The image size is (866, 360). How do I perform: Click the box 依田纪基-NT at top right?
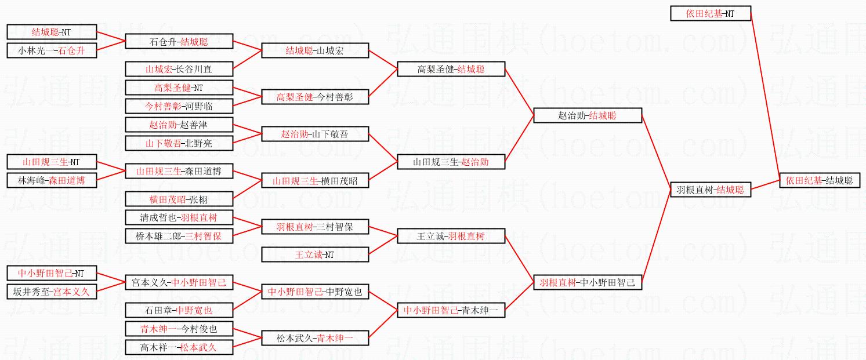(x=711, y=13)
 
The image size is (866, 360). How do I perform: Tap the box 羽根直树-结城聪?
(x=710, y=190)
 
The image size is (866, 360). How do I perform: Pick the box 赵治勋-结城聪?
(x=587, y=115)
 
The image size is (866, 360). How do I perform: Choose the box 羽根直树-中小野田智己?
(x=587, y=282)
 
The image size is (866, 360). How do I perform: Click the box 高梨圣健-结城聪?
(x=451, y=69)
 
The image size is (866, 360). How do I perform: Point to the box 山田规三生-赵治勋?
(x=451, y=162)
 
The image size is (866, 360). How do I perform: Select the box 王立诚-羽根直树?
(x=451, y=236)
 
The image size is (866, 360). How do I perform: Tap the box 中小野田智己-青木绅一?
(x=451, y=310)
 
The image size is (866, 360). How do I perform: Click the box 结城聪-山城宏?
(x=315, y=50)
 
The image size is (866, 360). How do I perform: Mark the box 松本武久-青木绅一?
(x=315, y=338)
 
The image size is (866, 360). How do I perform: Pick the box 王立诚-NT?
(x=315, y=254)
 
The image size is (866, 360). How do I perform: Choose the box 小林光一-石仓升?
(x=51, y=50)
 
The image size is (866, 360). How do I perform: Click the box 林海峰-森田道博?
(x=51, y=180)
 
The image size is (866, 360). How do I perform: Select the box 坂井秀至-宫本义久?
(x=51, y=292)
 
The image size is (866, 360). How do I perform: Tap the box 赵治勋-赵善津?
(x=179, y=125)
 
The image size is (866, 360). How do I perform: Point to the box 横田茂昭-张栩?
(x=179, y=199)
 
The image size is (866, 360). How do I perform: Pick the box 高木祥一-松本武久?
(x=179, y=347)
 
